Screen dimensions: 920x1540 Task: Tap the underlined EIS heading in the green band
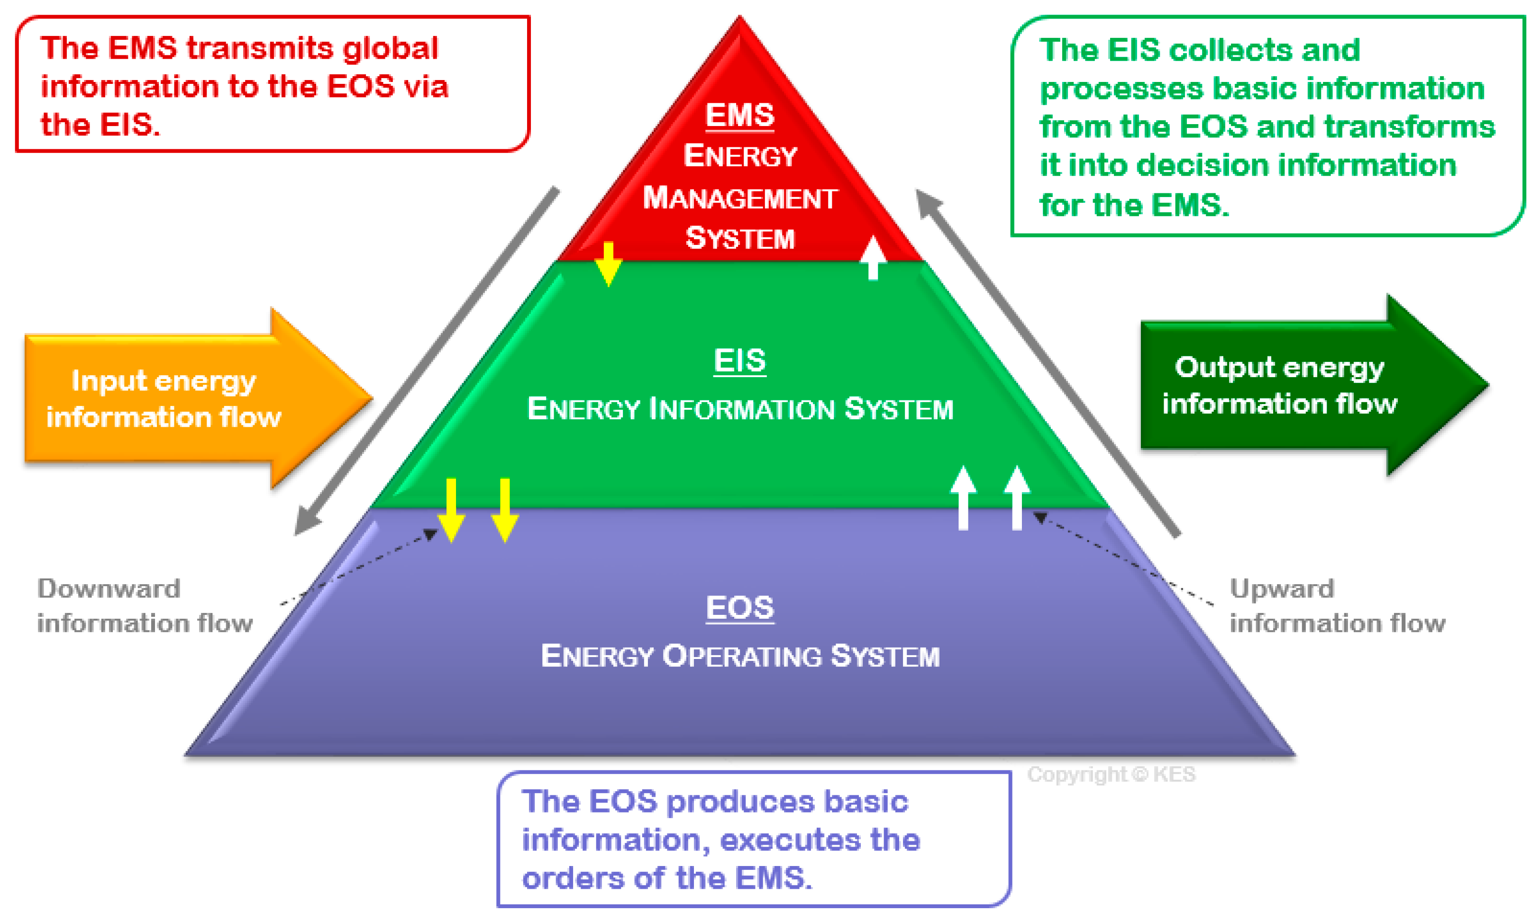click(739, 361)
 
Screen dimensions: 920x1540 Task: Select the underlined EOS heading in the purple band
click(739, 607)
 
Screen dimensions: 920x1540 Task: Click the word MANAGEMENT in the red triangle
click(740, 198)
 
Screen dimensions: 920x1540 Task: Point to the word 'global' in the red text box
click(391, 48)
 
